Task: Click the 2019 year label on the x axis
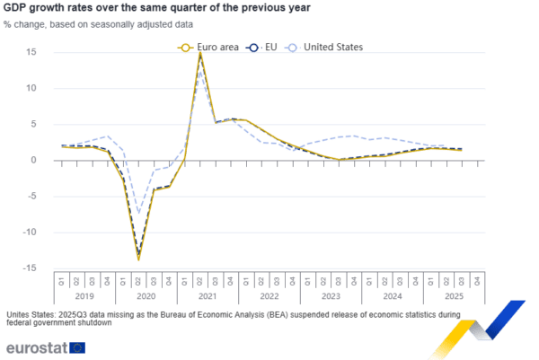point(84,293)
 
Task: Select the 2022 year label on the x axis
point(269,293)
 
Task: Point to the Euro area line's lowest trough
point(138,259)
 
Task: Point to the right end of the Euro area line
point(462,151)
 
